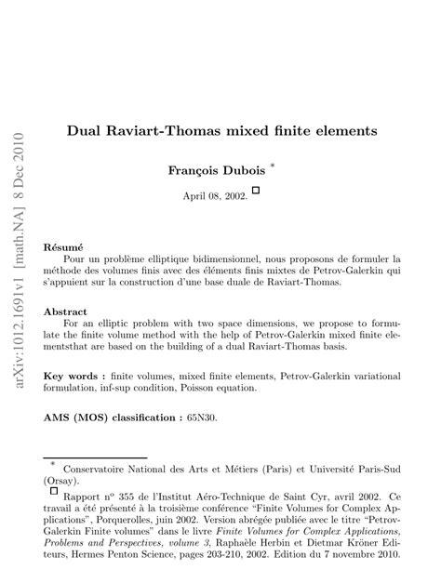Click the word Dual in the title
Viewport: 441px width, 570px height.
(85, 132)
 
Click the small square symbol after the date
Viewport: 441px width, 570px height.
(256, 190)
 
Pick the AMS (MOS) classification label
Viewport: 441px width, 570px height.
(123, 418)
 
